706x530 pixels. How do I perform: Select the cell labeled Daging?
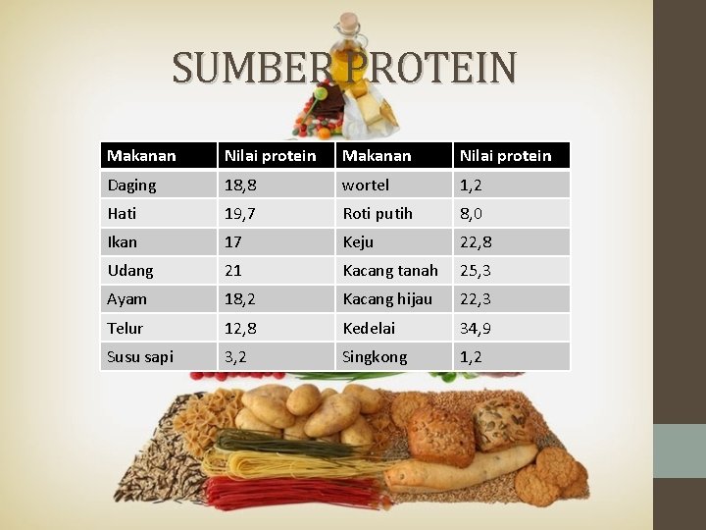point(131,185)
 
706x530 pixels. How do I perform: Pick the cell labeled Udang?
point(130,270)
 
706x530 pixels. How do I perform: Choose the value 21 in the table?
point(233,270)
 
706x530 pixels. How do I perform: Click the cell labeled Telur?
point(126,328)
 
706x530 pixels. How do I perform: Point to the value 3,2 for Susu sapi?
point(236,356)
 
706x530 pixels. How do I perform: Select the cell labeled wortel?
point(365,185)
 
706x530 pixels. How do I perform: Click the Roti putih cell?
point(378,213)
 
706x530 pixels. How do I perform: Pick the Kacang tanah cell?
point(389,270)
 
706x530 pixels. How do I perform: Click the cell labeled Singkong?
point(375,356)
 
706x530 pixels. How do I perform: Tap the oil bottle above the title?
point(349,35)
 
